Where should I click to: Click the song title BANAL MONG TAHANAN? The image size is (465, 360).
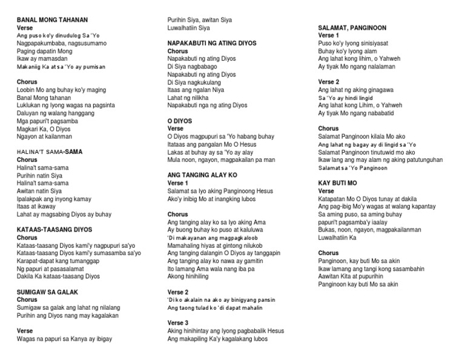52,19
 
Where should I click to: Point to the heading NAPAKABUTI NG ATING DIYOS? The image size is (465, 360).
212,44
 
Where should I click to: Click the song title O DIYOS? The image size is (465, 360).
180,121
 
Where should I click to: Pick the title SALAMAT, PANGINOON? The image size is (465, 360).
352,28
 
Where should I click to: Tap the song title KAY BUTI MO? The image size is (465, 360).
338,182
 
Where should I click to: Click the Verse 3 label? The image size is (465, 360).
178,322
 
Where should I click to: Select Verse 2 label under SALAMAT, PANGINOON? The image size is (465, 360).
329,82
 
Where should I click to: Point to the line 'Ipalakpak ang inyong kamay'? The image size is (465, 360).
54,199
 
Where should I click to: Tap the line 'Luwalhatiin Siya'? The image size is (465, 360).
189,28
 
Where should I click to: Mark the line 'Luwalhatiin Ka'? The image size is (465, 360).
338,238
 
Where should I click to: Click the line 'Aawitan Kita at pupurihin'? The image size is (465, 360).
355,276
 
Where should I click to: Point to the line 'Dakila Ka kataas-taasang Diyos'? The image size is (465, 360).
58,276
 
